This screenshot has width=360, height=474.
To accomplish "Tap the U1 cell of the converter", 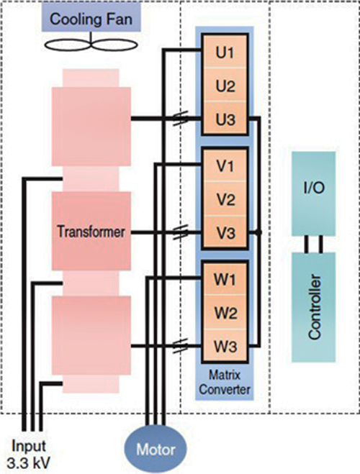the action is coord(225,53).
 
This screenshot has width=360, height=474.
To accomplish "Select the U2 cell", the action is coord(225,86).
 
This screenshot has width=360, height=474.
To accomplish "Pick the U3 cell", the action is coord(225,118).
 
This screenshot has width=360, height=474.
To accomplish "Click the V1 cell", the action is coord(225,165).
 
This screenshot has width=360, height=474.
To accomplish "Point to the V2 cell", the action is coord(225,199).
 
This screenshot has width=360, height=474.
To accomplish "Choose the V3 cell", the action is coord(225,232).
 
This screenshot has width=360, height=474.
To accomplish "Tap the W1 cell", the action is coord(225,279).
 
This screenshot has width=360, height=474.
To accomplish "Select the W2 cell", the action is coord(225,313).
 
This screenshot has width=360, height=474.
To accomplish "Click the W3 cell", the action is coord(225,345).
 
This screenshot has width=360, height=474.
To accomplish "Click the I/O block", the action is coord(313,193).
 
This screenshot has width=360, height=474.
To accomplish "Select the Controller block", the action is coord(313,307).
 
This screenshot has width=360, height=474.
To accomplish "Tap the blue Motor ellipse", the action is coord(156,449).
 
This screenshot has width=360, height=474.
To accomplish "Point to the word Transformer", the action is coord(91,232).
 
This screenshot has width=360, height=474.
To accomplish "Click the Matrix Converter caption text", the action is coord(225,382).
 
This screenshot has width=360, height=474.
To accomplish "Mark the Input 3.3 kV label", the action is coord(28,454).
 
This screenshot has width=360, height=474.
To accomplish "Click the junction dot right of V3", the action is coord(258,232).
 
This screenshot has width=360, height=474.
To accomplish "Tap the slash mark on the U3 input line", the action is coord(180,118).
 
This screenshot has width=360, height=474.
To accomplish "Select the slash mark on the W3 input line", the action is coord(180,345).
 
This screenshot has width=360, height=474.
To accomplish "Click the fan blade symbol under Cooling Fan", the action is coord(91,45).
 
